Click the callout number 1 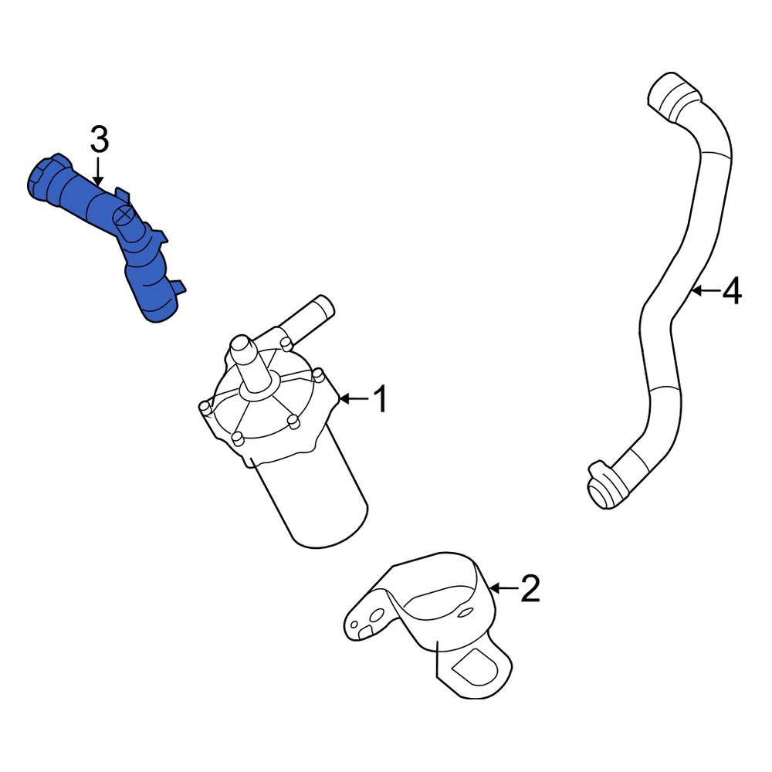point(380,400)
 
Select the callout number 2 point(530,590)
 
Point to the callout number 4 point(731,292)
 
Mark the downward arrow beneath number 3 point(99,171)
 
